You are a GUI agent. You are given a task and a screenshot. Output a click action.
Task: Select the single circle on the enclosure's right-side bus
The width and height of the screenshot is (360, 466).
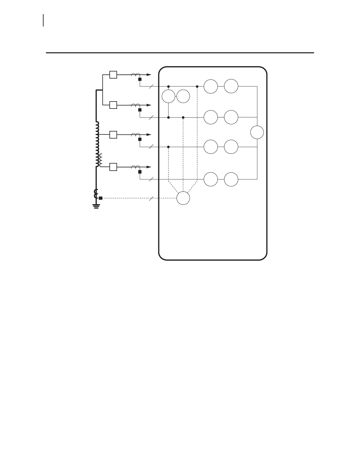pos(257,132)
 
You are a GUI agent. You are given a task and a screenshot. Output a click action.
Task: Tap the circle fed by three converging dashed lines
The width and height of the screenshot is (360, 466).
pos(183,198)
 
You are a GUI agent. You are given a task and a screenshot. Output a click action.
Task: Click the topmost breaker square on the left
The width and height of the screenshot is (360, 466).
pos(113,75)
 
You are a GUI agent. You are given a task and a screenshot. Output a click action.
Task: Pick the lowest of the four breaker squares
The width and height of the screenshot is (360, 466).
pos(113,167)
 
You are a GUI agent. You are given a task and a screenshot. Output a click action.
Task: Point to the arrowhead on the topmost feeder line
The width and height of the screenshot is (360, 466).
pos(149,75)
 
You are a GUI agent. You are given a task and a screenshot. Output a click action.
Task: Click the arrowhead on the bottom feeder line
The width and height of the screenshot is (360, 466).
pos(149,167)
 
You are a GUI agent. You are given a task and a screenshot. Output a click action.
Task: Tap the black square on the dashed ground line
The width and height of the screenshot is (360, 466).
pos(101,198)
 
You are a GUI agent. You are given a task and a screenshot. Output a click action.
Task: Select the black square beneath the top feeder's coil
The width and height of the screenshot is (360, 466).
pos(140,79)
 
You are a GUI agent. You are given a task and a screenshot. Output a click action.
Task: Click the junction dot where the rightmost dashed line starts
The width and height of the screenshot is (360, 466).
pos(197,86)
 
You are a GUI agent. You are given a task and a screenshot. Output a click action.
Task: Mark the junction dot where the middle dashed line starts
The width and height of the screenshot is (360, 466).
pos(183,117)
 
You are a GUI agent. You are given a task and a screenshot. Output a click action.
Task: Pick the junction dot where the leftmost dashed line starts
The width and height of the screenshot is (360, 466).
pos(168,147)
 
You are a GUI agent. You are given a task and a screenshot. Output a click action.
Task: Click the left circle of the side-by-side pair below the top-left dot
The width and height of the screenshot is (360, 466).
pos(169,96)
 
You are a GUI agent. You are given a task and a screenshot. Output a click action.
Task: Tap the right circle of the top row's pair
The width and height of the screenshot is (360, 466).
pos(231,86)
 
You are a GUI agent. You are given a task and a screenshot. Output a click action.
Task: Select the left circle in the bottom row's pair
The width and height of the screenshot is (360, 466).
pos(211,179)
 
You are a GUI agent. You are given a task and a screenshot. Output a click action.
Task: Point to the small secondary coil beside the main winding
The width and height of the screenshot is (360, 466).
pos(101,160)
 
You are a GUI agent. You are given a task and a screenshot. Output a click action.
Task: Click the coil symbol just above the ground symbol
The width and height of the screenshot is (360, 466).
pos(96,194)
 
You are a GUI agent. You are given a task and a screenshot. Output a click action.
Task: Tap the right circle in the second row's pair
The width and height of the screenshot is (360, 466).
pos(231,117)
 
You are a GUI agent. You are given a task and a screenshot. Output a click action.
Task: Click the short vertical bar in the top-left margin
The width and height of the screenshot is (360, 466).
pos(44,20)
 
